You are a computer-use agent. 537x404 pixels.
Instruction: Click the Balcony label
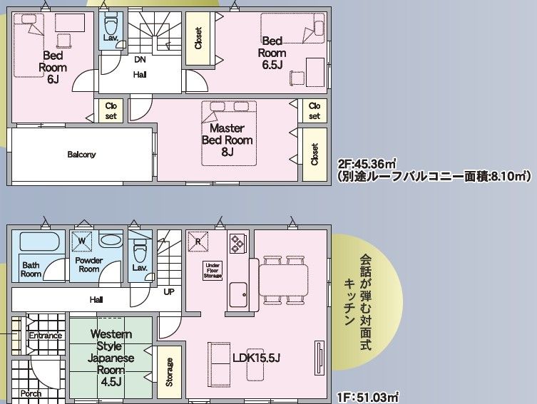[x=81, y=155]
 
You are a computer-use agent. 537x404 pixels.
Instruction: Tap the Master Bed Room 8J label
[x=227, y=140]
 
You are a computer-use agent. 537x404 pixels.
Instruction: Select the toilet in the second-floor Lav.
[x=111, y=25]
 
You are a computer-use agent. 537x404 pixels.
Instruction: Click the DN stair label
[x=140, y=60]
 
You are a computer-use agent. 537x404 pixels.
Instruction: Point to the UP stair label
[x=169, y=292]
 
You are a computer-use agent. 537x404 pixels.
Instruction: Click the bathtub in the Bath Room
[x=40, y=242]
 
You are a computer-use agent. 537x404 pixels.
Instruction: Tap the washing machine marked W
[x=81, y=241]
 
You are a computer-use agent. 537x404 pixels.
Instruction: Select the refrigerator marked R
[x=198, y=242]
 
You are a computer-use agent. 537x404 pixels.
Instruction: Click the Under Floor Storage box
[x=213, y=270]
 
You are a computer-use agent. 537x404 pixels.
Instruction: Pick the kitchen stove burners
[x=237, y=242]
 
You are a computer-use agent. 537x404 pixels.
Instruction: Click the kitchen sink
[x=238, y=294]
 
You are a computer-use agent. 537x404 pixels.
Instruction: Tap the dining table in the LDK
[x=283, y=280]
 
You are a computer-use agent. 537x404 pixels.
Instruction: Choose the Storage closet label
[x=169, y=372]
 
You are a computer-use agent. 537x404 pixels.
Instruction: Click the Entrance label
[x=45, y=335]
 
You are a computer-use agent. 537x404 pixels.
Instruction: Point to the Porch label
[x=31, y=393]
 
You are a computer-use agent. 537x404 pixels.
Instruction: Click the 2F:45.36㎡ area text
[x=367, y=164]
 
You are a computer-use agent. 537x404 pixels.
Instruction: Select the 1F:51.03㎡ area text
[x=368, y=398]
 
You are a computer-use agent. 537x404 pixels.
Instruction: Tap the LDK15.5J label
[x=256, y=358]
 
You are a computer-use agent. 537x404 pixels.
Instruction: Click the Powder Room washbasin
[x=111, y=241]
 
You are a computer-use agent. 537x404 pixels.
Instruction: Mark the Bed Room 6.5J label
[x=272, y=53]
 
